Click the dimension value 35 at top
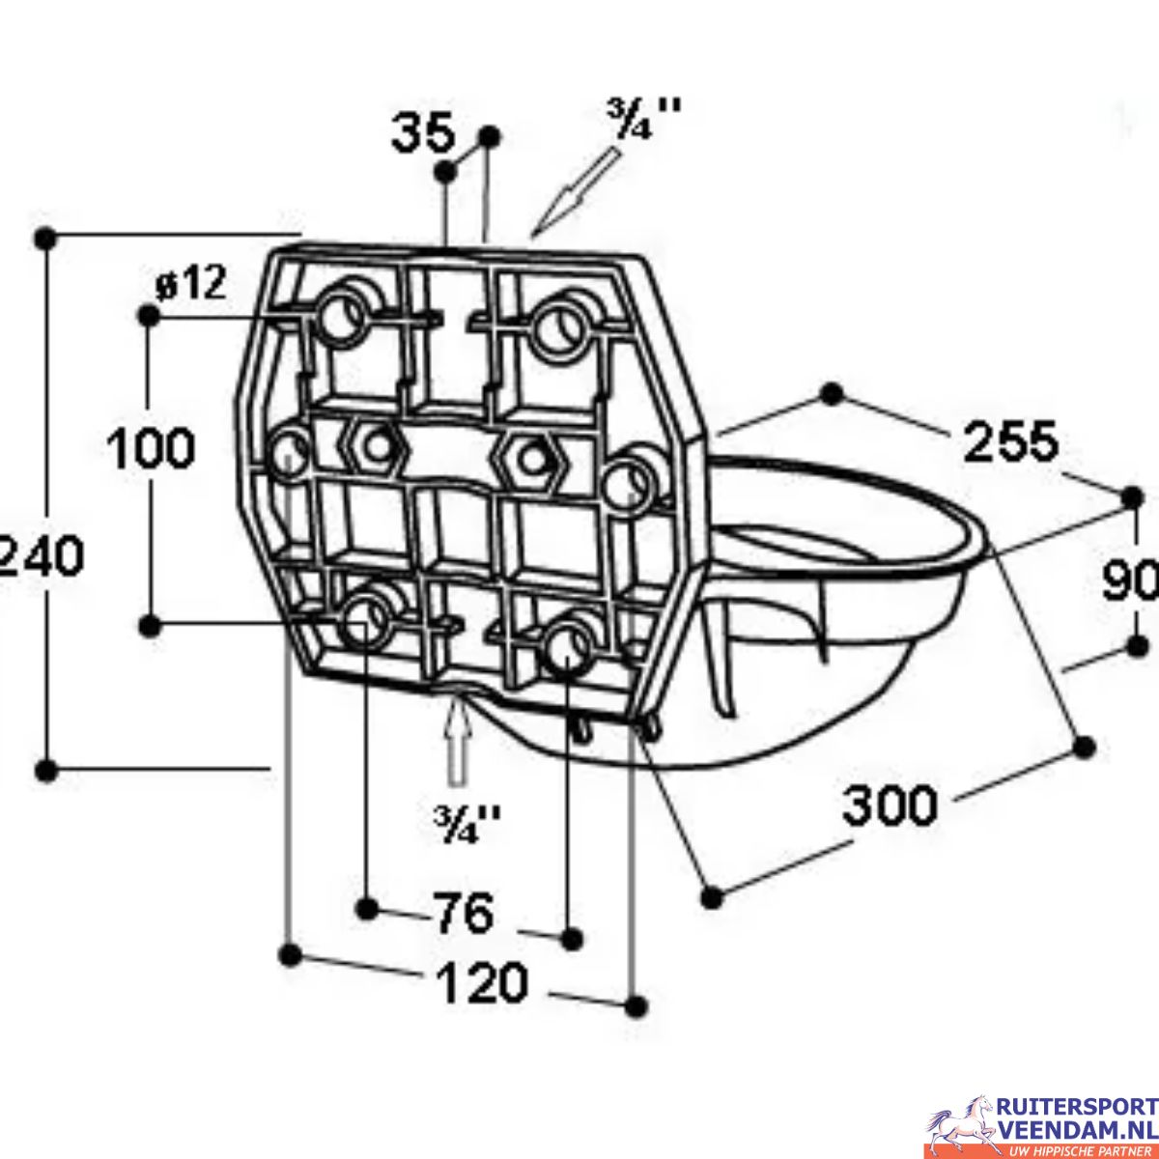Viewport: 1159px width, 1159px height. click(422, 134)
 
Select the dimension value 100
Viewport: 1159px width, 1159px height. click(150, 449)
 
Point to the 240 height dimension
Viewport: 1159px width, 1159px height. click(39, 557)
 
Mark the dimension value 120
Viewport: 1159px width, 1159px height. click(483, 984)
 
